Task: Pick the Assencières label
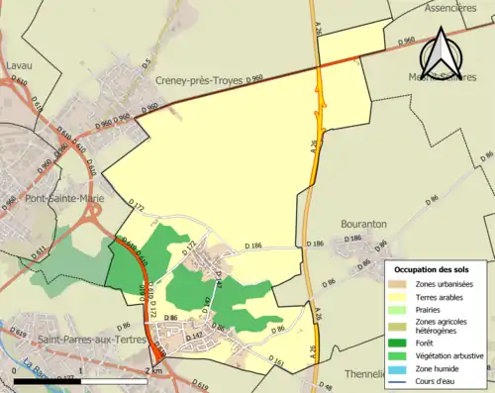[x=451, y=7]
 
